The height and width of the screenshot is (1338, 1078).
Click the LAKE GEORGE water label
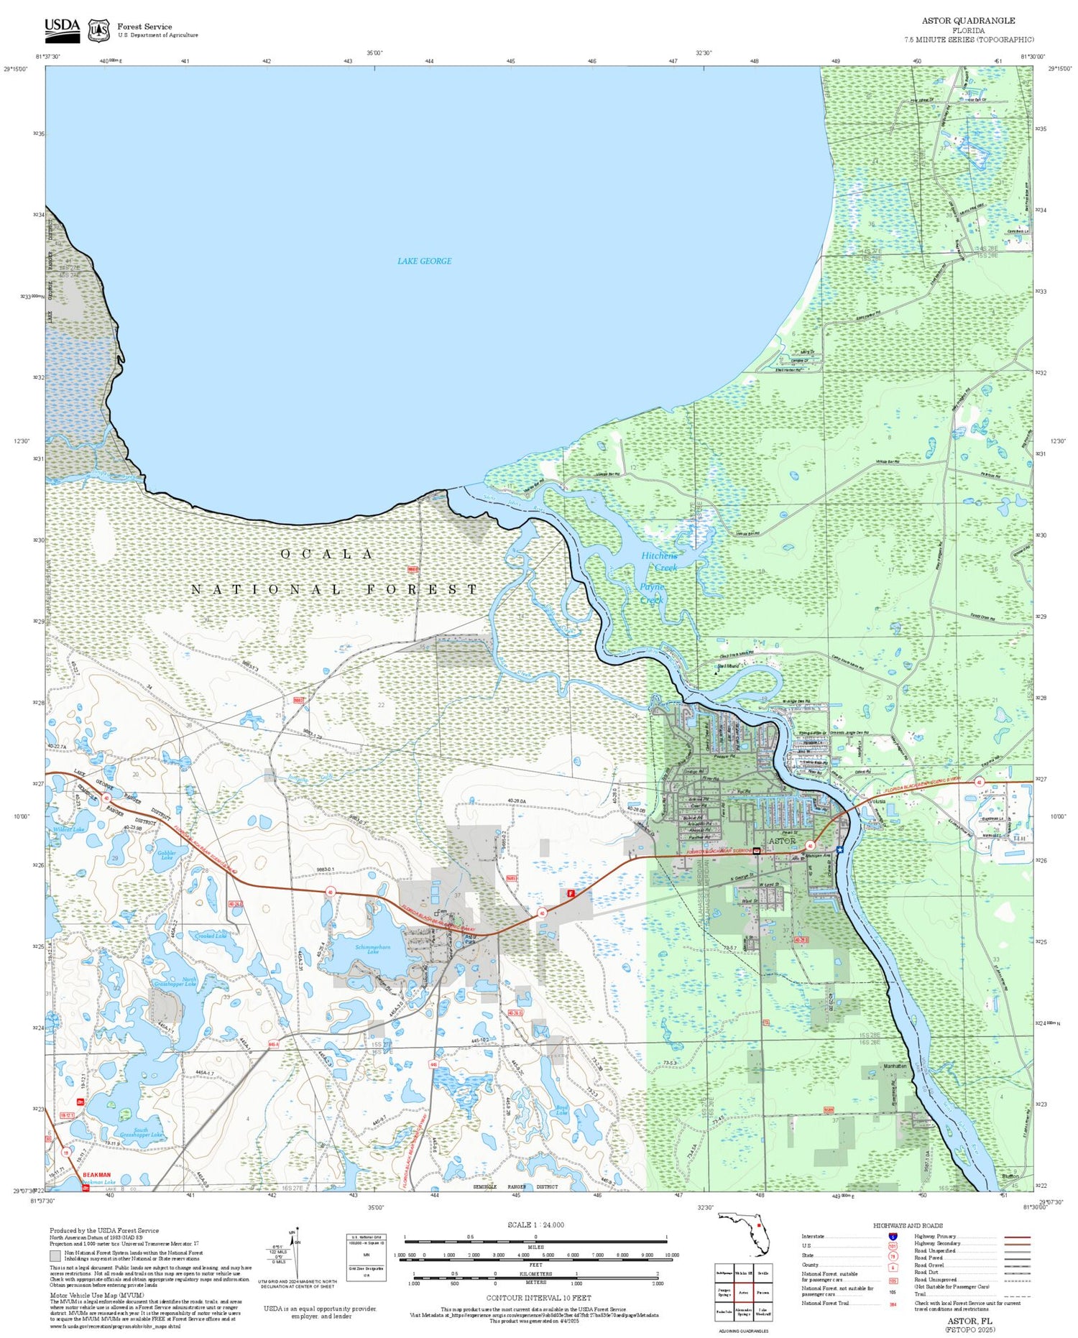click(424, 261)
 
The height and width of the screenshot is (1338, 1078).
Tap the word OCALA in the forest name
click(327, 554)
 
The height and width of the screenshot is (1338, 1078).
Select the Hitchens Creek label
click(659, 561)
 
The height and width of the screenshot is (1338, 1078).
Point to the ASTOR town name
click(782, 841)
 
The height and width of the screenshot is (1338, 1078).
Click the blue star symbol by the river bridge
click(839, 849)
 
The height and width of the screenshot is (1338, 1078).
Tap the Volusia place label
click(876, 802)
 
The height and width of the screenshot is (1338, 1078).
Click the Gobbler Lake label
click(167, 854)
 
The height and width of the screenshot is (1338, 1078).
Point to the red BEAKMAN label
click(96, 1175)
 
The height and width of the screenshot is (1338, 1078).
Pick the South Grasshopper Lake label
click(141, 1132)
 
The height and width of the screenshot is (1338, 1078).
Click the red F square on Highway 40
click(571, 893)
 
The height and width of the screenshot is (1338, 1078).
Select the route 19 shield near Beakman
click(66, 1153)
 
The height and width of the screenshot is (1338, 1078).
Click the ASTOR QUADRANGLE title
click(968, 21)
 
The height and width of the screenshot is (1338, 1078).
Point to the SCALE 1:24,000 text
click(535, 1224)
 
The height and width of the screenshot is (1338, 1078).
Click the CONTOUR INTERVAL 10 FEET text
click(538, 1298)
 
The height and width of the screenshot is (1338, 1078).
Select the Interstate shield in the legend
click(893, 1236)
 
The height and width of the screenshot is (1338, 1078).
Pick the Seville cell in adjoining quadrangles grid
click(763, 1273)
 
